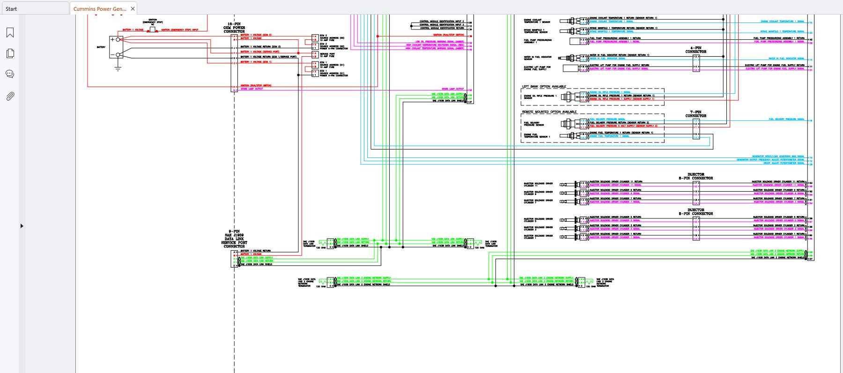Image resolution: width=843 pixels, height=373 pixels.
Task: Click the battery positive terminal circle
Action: pos(118,40)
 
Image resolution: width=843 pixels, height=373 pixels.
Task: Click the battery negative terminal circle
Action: pos(118,55)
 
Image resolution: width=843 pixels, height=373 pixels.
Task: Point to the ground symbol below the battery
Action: pos(118,68)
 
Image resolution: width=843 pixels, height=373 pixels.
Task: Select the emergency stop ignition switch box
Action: pos(152,30)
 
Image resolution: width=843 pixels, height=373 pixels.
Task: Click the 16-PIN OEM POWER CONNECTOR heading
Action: pos(234,28)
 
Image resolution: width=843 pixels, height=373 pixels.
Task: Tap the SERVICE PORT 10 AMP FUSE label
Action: pos(327,55)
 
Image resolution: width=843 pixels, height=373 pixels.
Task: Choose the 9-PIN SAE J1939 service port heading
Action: pos(234,239)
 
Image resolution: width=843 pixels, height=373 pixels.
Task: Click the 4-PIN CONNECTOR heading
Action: pos(696,50)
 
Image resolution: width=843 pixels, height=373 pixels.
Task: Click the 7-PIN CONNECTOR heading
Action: pos(696,114)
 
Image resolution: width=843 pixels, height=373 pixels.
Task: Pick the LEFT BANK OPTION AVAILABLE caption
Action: pos(544,87)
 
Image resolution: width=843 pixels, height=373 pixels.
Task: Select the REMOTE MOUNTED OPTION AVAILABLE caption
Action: pos(549,112)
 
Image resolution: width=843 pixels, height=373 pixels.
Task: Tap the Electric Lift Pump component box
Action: pos(571,68)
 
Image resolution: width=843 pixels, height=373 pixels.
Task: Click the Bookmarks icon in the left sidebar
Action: pos(10,32)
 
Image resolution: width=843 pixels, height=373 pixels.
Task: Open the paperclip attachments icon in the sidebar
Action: pos(10,96)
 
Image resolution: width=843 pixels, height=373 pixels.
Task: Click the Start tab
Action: pos(11,8)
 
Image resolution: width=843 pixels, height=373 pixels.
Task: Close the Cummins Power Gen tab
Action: pos(133,8)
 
